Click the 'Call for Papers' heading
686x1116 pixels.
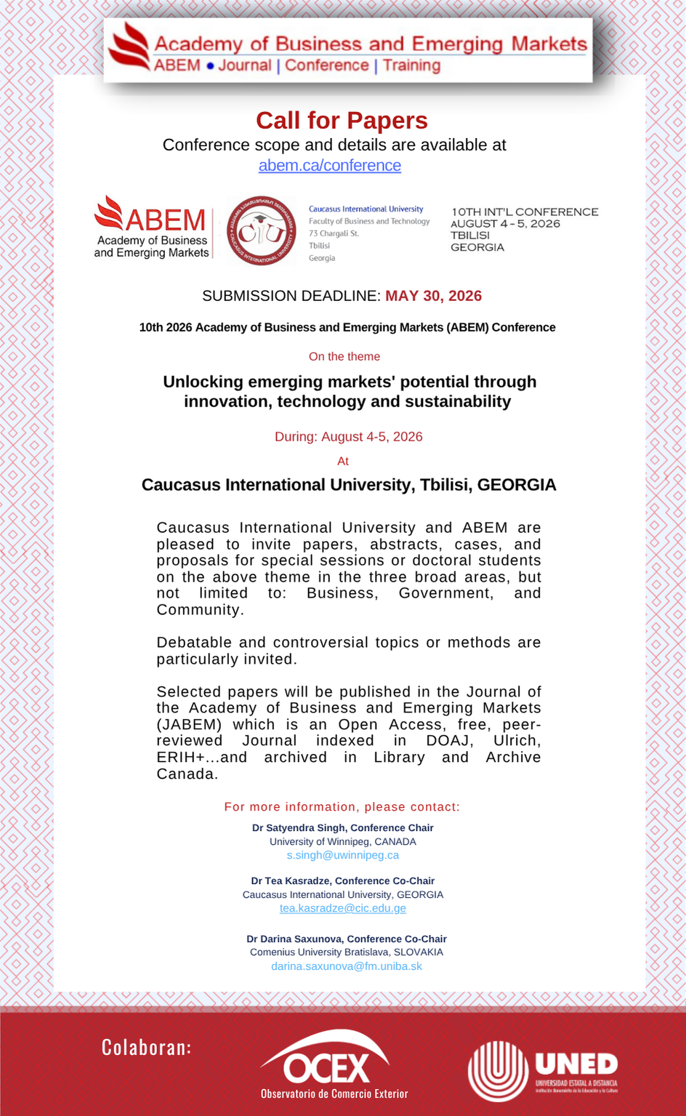pyautogui.click(x=342, y=121)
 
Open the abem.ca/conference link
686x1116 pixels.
pyautogui.click(x=330, y=166)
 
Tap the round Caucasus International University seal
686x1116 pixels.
pyautogui.click(x=262, y=230)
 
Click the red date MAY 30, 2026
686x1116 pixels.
pyautogui.click(x=433, y=296)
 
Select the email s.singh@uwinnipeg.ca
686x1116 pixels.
pyautogui.click(x=343, y=856)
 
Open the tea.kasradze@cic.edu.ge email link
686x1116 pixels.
pyautogui.click(x=343, y=909)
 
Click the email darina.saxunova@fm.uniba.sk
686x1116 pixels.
pyautogui.click(x=347, y=966)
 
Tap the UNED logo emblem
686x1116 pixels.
pyautogui.click(x=498, y=1070)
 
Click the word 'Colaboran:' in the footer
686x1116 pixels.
pyautogui.click(x=146, y=1047)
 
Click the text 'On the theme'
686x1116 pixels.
pyautogui.click(x=344, y=357)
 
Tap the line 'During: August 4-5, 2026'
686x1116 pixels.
pyautogui.click(x=348, y=437)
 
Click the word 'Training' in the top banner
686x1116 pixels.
pyautogui.click(x=412, y=66)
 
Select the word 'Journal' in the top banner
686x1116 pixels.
pyautogui.click(x=244, y=66)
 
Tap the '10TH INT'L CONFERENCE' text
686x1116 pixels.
pyautogui.click(x=525, y=212)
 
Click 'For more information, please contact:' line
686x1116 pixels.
pyautogui.click(x=342, y=807)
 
